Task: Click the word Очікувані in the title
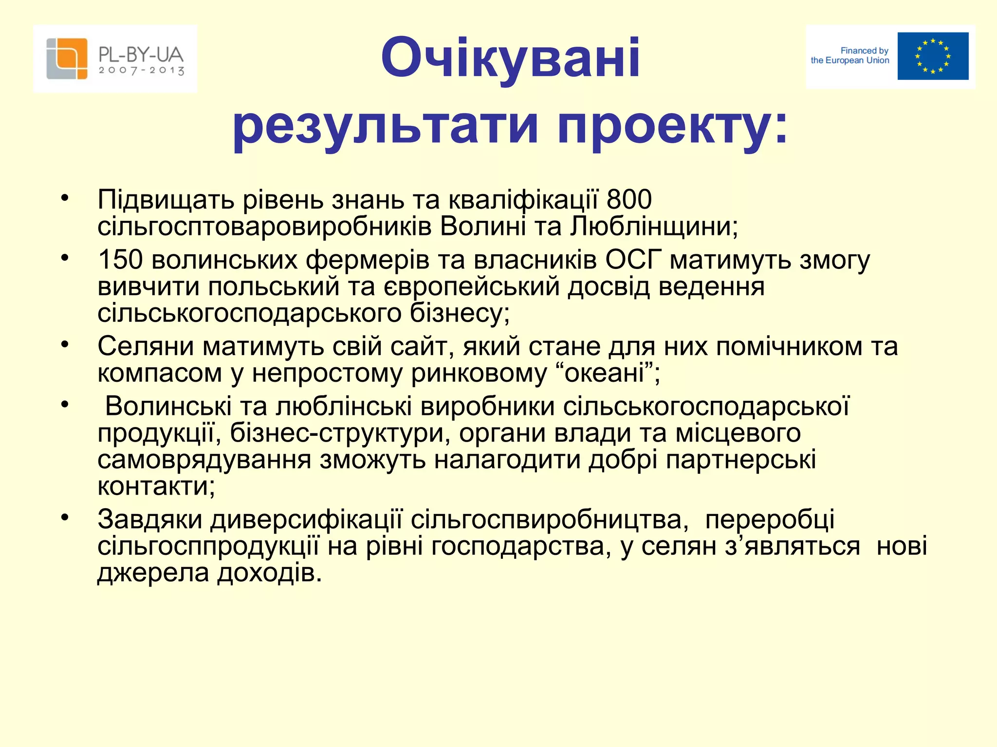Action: pyautogui.click(x=510, y=58)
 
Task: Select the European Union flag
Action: pyautogui.click(x=933, y=56)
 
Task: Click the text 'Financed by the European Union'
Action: pyautogui.click(x=850, y=55)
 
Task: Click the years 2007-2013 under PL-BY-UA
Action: pyautogui.click(x=141, y=71)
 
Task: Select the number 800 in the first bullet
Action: pyautogui.click(x=629, y=199)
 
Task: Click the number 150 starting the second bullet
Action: pyautogui.click(x=120, y=260)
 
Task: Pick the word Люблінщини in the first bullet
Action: pyautogui.click(x=654, y=226)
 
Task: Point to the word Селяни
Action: pyautogui.click(x=146, y=346)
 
